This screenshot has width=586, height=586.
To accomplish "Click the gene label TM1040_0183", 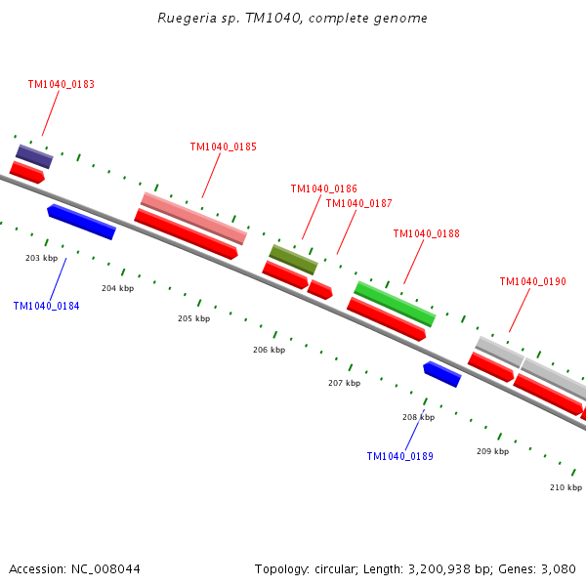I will (61, 85).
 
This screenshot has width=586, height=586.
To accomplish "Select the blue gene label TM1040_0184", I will (46, 306).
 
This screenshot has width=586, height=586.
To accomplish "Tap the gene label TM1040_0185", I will (223, 147).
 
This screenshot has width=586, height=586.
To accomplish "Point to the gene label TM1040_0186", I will (323, 189).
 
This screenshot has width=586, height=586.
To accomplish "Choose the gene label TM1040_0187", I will (358, 204).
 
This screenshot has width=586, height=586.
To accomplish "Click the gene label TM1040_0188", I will (426, 234).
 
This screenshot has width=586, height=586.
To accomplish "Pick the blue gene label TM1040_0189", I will (399, 456).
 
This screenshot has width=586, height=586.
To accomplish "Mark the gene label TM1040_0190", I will (532, 282).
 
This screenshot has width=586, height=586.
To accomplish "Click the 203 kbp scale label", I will (41, 258).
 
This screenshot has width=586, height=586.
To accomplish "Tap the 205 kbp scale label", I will (193, 318).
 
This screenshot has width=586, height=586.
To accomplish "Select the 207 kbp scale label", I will (344, 383).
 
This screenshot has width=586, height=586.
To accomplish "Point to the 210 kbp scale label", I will (565, 487).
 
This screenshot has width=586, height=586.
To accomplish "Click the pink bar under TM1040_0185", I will (193, 218).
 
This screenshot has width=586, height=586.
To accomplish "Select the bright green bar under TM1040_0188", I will (395, 304).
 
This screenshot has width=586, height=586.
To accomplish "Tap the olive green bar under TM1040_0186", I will (293, 259).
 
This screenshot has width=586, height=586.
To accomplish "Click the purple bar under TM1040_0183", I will (34, 156).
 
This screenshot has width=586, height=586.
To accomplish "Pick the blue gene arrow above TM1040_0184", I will (81, 221).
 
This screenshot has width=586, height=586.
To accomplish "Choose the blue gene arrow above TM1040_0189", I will (441, 373).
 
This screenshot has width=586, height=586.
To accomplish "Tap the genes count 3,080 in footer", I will (558, 568).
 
